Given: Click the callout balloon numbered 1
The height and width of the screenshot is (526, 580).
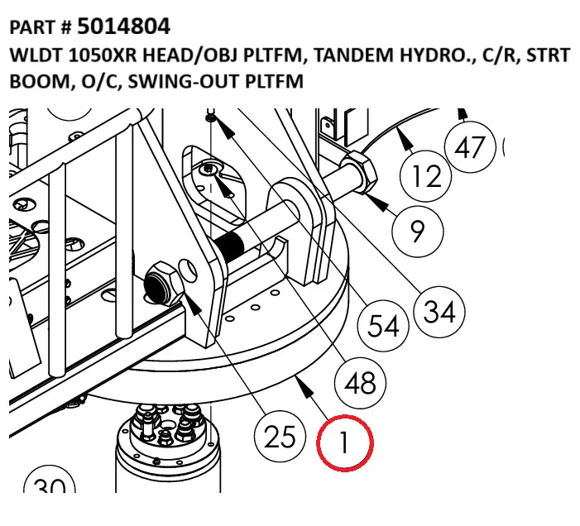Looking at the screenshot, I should (x=346, y=442).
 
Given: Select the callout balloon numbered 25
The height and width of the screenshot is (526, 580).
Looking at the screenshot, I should (x=280, y=435).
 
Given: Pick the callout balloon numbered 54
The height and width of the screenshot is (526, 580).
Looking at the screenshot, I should (x=384, y=324).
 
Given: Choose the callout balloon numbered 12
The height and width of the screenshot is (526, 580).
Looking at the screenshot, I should (x=427, y=175).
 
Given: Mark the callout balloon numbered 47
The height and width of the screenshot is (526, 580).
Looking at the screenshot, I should (x=470, y=147).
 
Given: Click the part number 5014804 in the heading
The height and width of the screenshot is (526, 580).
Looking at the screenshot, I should (x=124, y=27).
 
